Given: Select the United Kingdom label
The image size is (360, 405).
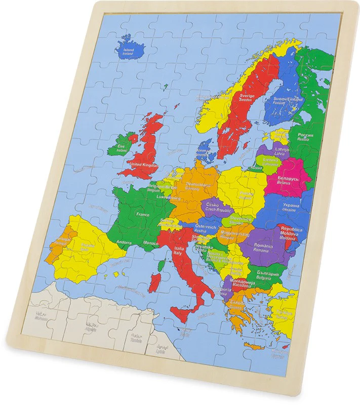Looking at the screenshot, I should point(144,165).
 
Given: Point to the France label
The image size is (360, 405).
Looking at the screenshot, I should point(142,214).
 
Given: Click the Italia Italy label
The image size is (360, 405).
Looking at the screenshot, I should point(179,250).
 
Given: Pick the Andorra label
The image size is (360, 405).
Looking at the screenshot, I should point(124,242).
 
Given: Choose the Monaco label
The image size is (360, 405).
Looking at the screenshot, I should point(151,244).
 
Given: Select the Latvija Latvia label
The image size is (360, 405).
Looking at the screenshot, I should point(282,151).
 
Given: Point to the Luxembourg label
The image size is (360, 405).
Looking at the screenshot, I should point(168,197).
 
